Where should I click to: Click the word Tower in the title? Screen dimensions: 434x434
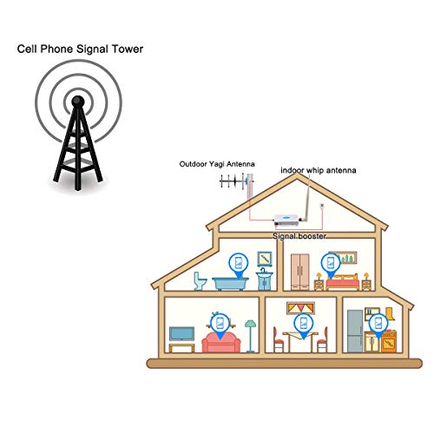coord(128,49)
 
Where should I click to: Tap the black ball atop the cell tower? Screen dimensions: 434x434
coord(78,101)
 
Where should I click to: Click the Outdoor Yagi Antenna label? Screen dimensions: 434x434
coord(217,164)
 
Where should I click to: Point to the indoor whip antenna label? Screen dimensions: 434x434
coord(319,170)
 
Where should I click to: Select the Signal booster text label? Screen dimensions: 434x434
coord(299,236)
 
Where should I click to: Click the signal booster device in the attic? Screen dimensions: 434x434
coord(286,220)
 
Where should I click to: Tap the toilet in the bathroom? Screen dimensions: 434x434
coord(200,280)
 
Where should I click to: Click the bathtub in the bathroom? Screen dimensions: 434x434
coord(230,284)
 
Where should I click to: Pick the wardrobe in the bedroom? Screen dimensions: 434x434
coord(300,272)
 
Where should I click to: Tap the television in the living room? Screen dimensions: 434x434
coord(181,334)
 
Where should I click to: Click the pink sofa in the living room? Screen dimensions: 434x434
coord(221,342)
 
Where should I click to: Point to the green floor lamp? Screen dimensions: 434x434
coord(250,336)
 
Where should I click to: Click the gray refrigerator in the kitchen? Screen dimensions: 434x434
coord(355,331)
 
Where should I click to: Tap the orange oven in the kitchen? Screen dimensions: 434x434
coord(389,342)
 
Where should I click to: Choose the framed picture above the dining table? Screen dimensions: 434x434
coord(300,308)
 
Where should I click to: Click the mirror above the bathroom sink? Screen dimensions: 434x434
coord(265,259)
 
